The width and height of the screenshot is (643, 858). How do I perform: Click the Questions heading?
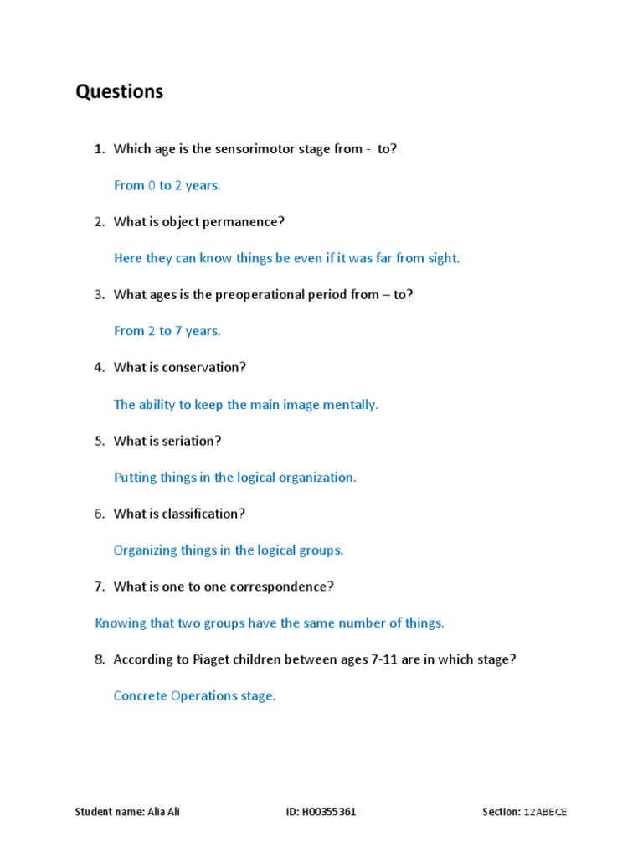(x=120, y=91)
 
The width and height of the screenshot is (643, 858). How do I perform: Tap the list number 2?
(x=99, y=222)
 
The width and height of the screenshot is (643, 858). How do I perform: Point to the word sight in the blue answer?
(x=443, y=258)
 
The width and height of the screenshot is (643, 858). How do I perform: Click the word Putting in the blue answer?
(x=133, y=478)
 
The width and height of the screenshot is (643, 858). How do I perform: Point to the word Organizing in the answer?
(x=146, y=550)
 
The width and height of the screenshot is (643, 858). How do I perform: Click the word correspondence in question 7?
(x=280, y=587)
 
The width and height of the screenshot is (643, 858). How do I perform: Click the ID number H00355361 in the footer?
(x=330, y=813)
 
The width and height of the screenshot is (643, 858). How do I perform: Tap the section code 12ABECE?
(x=545, y=813)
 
